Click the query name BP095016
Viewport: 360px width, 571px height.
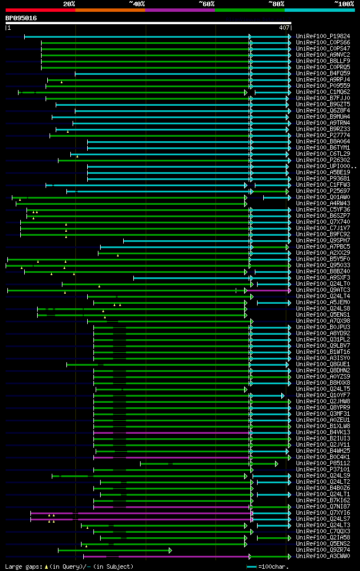(21, 18)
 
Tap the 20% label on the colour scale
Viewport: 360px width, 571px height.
(69, 3)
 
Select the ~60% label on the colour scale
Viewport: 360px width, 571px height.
(206, 3)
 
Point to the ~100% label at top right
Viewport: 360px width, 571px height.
(344, 3)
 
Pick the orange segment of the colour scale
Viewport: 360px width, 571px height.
(110, 10)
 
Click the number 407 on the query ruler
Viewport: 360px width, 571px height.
(283, 28)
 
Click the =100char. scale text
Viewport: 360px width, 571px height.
(273, 566)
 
